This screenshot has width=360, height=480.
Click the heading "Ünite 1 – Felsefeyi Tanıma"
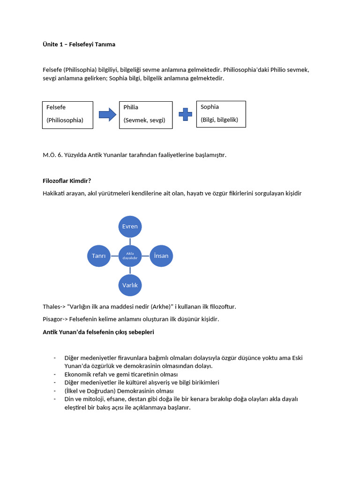[79, 45]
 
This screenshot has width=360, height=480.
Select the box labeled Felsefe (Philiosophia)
[67, 115]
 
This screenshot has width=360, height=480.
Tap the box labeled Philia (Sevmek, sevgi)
[145, 115]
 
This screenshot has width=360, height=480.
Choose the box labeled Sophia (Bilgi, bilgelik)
[221, 114]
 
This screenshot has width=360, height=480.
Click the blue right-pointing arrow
[107, 114]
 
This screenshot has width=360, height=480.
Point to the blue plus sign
[185, 114]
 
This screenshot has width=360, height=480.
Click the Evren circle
[130, 226]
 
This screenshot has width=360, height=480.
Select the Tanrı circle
[99, 256]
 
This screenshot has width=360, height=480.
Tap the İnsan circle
[161, 256]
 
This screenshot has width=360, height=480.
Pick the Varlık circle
[130, 285]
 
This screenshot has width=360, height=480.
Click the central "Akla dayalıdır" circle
[130, 256]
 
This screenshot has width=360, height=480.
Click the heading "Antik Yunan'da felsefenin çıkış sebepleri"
[98, 332]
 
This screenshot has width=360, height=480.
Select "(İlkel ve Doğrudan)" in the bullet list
[91, 391]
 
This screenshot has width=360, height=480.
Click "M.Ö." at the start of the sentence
[49, 155]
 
